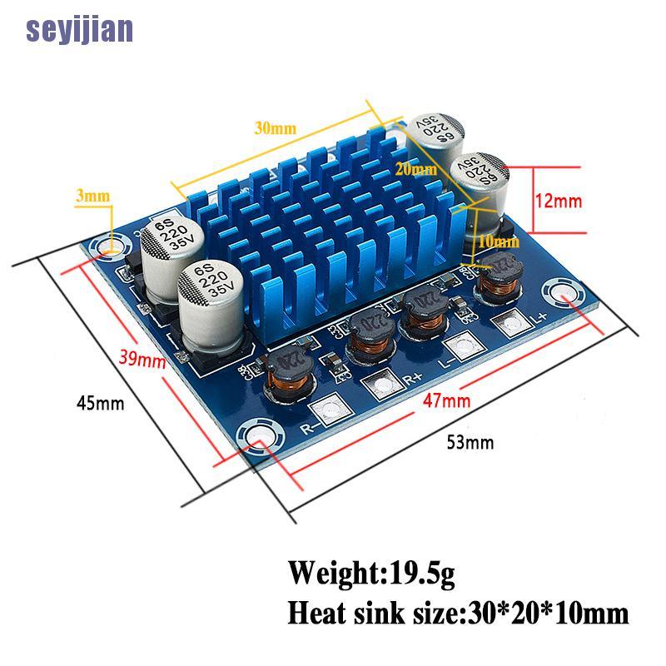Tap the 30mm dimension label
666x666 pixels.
tap(276, 128)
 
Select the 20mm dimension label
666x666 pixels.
tap(415, 169)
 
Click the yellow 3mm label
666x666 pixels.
tap(92, 196)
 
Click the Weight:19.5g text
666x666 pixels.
tap(371, 574)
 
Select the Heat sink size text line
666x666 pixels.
tap(458, 614)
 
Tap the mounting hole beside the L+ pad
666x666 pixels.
tap(559, 294)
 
